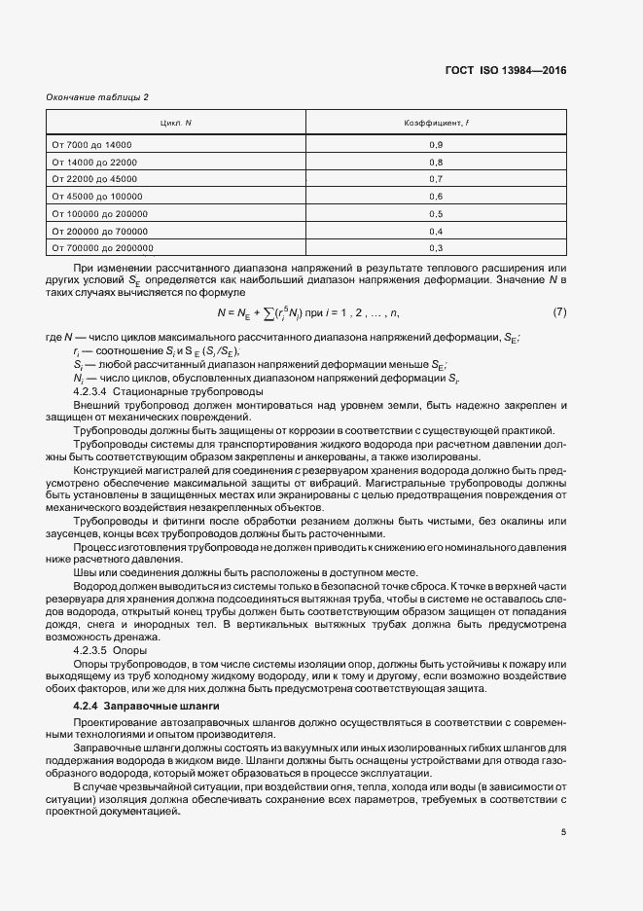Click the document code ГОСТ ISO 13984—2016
point(506,70)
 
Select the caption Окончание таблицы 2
point(97,96)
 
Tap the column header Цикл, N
point(176,123)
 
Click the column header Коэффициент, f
point(436,123)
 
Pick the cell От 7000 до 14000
point(91,144)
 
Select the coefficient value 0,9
point(436,144)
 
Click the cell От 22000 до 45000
point(94,179)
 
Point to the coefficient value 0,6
point(436,196)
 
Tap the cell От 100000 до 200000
point(99,213)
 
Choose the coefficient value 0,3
point(436,248)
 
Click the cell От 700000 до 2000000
point(102,248)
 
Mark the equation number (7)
point(559,311)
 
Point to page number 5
point(563,830)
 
